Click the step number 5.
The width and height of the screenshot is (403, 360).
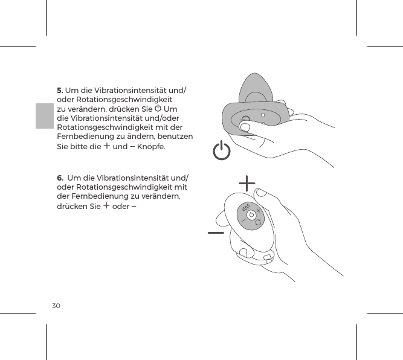coord(60,91)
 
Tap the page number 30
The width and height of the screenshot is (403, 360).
coord(56,306)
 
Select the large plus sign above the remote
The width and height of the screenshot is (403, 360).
coord(247,182)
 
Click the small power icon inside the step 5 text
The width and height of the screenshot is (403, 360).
coord(158,109)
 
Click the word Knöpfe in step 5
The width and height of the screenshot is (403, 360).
coord(148,147)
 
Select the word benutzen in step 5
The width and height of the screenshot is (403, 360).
coord(173,137)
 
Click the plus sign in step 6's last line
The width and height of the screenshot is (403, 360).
coord(106,205)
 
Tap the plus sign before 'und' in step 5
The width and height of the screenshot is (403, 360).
coord(106,146)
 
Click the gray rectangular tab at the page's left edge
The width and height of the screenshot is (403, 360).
coord(44,115)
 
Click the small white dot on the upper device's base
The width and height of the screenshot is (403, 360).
coord(262,114)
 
